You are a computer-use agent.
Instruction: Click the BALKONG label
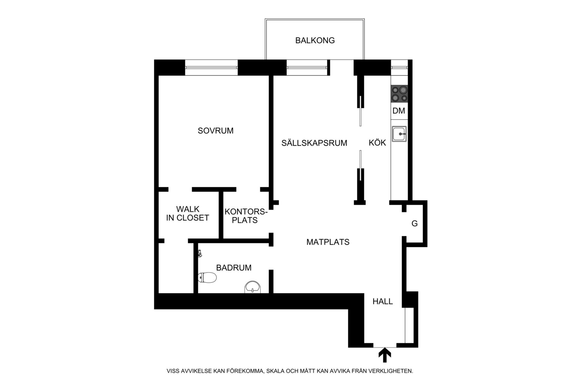[x=315, y=40]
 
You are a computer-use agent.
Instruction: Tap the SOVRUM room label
[x=216, y=131]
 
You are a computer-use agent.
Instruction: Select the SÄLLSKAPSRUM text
[x=314, y=143]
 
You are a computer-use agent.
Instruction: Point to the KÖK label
[x=377, y=142]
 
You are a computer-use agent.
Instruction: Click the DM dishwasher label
[x=399, y=111]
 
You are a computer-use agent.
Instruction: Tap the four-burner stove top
[x=399, y=94]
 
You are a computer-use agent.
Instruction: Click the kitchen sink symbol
[x=399, y=134]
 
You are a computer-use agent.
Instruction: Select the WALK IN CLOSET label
[x=188, y=213]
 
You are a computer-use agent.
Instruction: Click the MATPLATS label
[x=328, y=242]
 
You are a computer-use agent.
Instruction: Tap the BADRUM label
[x=234, y=268]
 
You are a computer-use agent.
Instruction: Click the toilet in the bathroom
[x=207, y=278]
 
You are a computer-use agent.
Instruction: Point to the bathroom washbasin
[x=252, y=287]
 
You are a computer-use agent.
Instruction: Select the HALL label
[x=383, y=301]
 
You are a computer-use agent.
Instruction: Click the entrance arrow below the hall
[x=385, y=355]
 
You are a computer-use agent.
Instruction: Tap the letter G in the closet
[x=414, y=224]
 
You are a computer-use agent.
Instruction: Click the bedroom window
[x=211, y=67]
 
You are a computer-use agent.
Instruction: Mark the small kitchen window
[x=399, y=67]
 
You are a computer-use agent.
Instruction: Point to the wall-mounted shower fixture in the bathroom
[x=200, y=253]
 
